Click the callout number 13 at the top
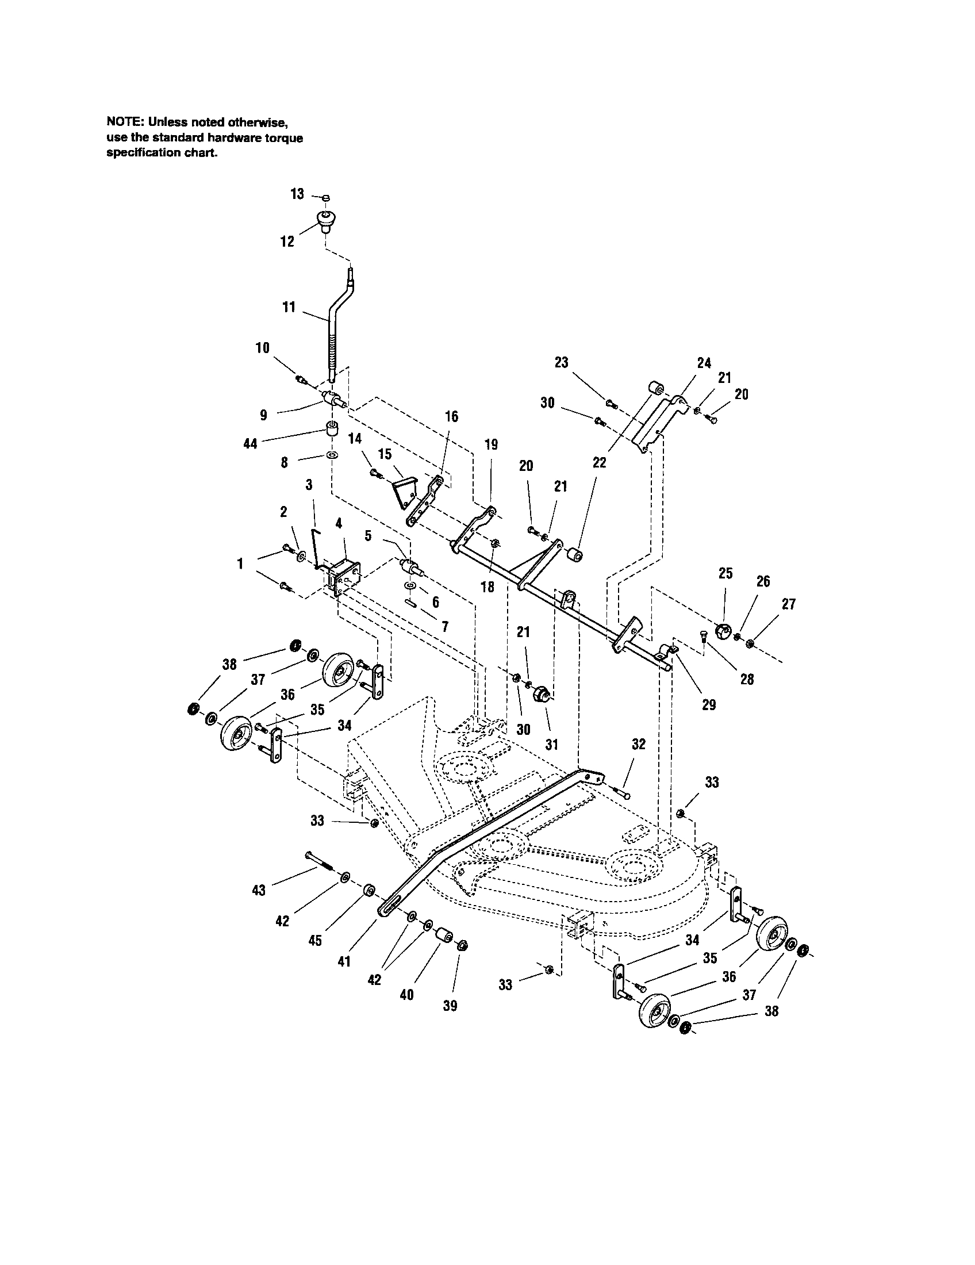pos(297,194)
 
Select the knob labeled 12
pos(327,221)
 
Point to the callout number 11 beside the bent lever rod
pos(289,307)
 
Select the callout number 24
pos(704,363)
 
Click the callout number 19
pos(491,444)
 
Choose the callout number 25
pos(726,573)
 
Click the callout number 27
pos(788,604)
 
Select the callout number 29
pos(709,704)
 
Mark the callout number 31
pos(551,743)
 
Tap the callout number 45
pos(315,941)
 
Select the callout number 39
pos(450,1006)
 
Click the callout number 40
pos(406,995)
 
